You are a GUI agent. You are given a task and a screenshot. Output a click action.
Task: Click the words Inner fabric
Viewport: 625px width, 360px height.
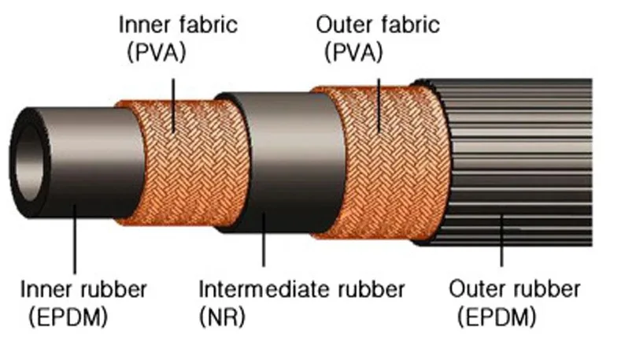[178, 24]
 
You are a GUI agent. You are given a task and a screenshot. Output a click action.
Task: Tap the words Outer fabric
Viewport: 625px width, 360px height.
[378, 24]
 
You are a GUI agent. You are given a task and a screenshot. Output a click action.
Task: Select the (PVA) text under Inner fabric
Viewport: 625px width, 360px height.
[156, 52]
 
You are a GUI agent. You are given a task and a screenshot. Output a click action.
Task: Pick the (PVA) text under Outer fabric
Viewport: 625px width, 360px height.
[353, 52]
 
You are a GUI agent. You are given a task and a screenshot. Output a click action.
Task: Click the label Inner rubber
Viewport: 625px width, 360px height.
[83, 289]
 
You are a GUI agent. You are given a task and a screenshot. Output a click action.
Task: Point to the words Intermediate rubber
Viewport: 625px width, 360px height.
[301, 289]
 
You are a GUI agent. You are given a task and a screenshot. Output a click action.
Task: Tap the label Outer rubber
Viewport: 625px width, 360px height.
[514, 289]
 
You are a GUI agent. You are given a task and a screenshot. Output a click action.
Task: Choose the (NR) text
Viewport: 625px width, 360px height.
[222, 317]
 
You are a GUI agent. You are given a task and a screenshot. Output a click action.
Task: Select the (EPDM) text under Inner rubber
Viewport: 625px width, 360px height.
[68, 317]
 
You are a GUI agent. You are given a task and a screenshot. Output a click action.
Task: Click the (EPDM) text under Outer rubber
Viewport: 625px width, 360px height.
[497, 317]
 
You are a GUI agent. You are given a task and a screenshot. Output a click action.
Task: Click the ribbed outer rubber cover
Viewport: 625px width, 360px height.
[518, 163]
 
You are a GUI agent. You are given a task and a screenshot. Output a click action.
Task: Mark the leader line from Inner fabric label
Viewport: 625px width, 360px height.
[173, 106]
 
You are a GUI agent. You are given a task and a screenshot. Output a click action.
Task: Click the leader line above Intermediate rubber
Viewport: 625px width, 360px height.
[264, 239]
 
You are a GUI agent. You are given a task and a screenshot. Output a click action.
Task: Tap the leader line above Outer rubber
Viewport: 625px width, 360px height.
[502, 240]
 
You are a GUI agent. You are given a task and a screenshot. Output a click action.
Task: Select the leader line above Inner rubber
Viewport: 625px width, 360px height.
[75, 239]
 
